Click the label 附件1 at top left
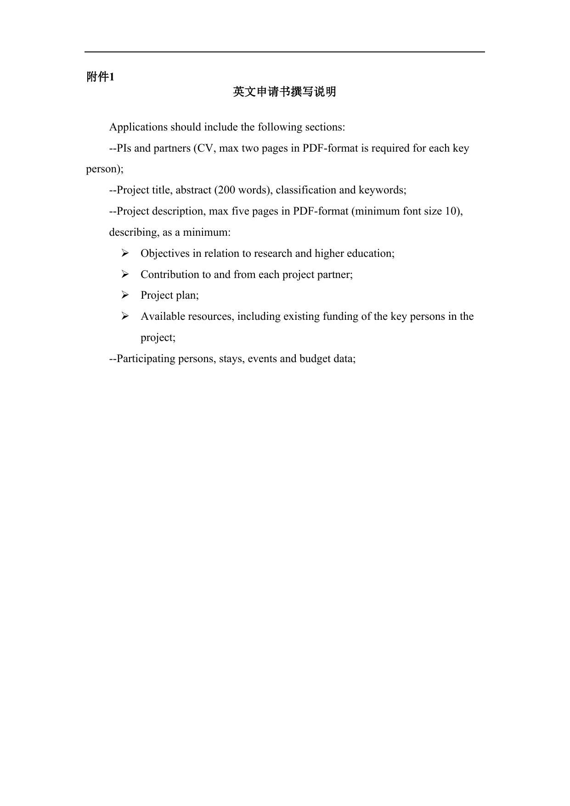tap(100, 77)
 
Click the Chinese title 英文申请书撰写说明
tap(284, 92)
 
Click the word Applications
tap(138, 127)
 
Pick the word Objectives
tap(165, 253)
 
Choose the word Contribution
tap(169, 274)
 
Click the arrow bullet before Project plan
tap(125, 295)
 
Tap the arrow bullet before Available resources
tap(125, 316)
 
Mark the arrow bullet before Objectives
tap(125, 253)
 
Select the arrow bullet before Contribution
tap(125, 274)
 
